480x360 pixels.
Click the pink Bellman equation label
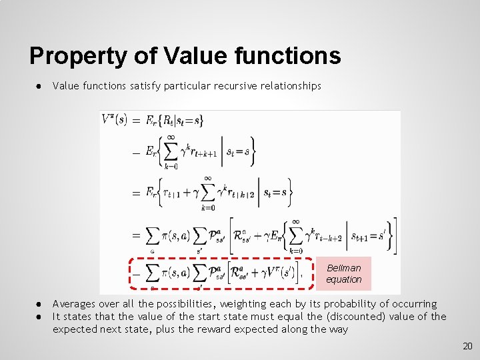[x=343, y=273]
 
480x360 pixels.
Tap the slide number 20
[x=467, y=346]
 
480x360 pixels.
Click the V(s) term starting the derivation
[x=114, y=120]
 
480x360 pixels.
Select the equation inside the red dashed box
[x=221, y=273]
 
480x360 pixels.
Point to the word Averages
[x=74, y=304]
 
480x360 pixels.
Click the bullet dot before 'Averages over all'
[x=41, y=304]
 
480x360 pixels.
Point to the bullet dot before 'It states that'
[x=41, y=317]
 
